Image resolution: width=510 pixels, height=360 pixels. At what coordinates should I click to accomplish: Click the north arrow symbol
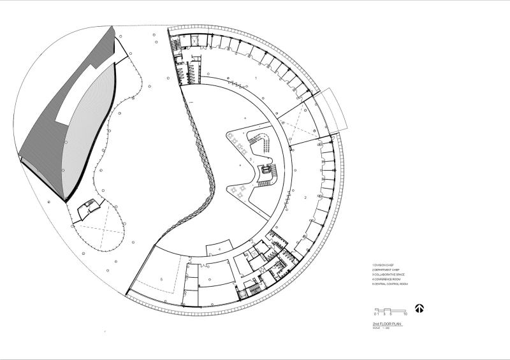(x=419, y=308)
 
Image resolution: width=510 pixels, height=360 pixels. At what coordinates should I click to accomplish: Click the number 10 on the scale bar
(x=405, y=315)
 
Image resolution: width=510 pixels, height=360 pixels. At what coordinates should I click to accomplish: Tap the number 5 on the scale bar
(x=390, y=315)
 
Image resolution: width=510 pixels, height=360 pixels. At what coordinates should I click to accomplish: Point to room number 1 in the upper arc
(x=256, y=77)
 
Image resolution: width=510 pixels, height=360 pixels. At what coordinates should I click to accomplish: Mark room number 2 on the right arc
(x=306, y=199)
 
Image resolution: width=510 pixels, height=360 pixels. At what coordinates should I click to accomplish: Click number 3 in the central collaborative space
(x=251, y=158)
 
